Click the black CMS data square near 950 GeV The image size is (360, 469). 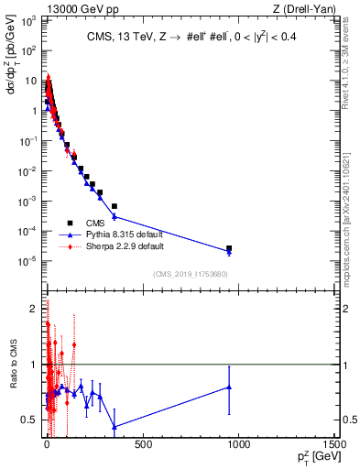(x=229, y=248)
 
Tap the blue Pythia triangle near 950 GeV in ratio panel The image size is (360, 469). (x=229, y=387)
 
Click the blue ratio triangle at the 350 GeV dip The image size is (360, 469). (x=115, y=427)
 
